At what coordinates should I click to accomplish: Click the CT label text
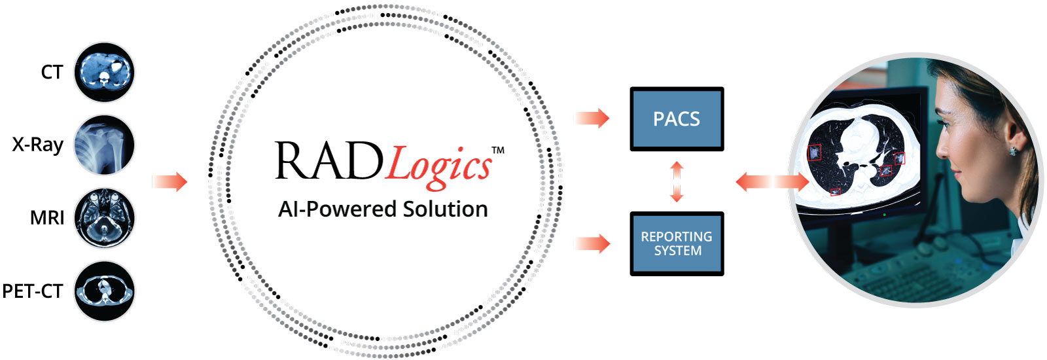tap(52, 72)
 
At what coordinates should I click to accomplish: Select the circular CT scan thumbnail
tap(104, 72)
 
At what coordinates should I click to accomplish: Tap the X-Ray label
tap(38, 145)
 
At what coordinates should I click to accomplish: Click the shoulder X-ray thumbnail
tap(104, 145)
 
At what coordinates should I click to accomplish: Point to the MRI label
tap(47, 218)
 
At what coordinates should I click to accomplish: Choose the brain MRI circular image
tap(104, 218)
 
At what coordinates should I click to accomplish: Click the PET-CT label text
tap(33, 291)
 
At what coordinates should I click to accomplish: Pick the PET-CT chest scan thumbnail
tap(104, 291)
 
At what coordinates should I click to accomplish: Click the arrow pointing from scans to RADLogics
tap(169, 181)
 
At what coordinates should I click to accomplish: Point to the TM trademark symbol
tap(498, 150)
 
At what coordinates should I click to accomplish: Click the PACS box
tap(677, 118)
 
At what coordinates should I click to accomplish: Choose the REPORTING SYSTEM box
tap(677, 243)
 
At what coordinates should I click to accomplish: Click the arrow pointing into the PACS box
tap(592, 118)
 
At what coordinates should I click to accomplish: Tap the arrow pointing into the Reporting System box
tap(592, 243)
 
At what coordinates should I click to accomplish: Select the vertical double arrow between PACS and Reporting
tap(677, 181)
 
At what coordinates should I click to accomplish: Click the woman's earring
tap(1012, 151)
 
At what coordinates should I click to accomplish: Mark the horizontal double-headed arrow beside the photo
tap(772, 181)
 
